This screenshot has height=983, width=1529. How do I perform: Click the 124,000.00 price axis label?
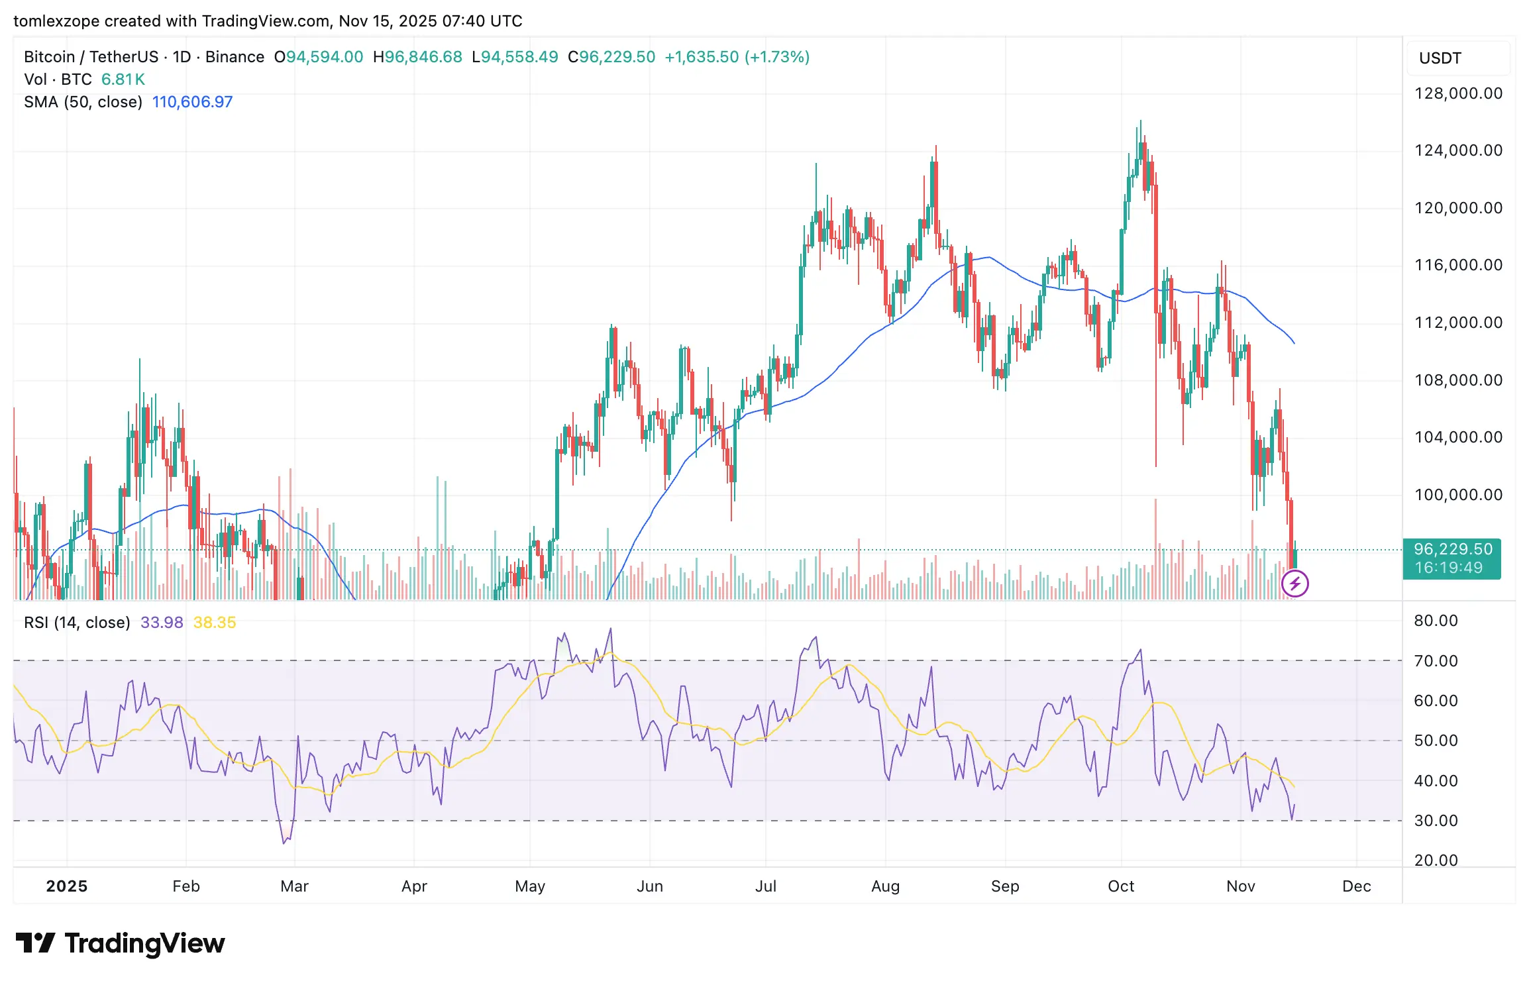[x=1458, y=150]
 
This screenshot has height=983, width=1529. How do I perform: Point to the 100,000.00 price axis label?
[x=1458, y=495]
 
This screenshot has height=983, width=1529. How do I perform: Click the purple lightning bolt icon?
[x=1294, y=584]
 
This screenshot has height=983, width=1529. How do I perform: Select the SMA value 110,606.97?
[x=192, y=102]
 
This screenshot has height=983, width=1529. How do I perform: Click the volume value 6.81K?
[x=123, y=79]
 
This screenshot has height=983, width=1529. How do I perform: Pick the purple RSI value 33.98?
[x=162, y=623]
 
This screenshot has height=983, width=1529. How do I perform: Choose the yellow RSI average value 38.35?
[x=215, y=623]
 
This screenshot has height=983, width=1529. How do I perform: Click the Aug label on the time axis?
[x=885, y=886]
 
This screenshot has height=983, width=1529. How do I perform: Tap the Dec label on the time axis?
[x=1356, y=886]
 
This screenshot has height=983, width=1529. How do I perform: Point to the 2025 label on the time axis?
[x=66, y=886]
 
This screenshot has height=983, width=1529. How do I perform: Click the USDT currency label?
[x=1440, y=58]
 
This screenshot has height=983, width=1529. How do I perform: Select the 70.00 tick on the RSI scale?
[x=1436, y=661]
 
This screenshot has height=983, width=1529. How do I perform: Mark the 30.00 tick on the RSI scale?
[x=1436, y=821]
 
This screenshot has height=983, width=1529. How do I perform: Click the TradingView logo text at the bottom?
[x=144, y=943]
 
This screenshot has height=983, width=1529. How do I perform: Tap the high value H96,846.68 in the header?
[x=417, y=57]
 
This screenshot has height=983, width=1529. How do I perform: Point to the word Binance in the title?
[x=235, y=57]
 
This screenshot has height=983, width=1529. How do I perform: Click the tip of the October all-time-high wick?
[x=1140, y=121]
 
